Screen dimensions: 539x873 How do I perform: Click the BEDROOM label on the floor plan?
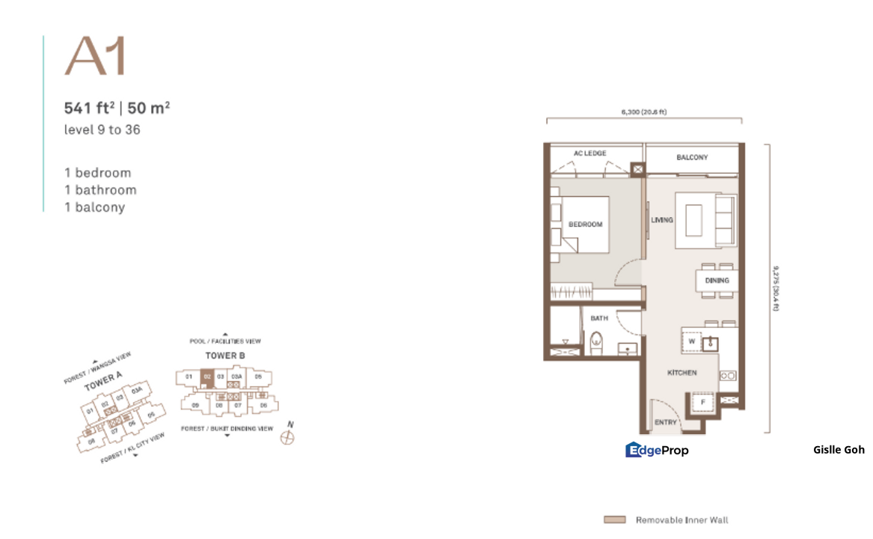click(585, 224)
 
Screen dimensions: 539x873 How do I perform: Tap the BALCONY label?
click(692, 157)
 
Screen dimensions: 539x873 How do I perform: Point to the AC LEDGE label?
click(589, 153)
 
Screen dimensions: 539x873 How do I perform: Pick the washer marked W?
click(692, 341)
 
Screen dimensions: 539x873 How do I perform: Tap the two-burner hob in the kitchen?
click(727, 374)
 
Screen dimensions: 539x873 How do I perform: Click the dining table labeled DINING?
click(716, 281)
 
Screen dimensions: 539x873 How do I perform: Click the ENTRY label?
click(665, 422)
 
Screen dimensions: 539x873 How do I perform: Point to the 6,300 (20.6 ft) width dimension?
click(643, 112)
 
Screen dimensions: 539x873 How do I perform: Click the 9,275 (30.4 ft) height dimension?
click(777, 288)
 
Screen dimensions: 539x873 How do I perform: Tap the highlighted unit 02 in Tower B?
click(208, 377)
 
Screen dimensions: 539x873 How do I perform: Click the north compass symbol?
click(287, 437)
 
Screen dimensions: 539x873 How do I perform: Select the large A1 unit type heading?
click(95, 56)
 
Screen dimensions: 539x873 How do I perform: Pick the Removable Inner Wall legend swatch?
click(615, 520)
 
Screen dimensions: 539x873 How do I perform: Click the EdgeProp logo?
click(657, 449)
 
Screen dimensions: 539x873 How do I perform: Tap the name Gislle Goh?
click(839, 450)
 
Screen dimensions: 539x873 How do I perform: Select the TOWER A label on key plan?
click(99, 383)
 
